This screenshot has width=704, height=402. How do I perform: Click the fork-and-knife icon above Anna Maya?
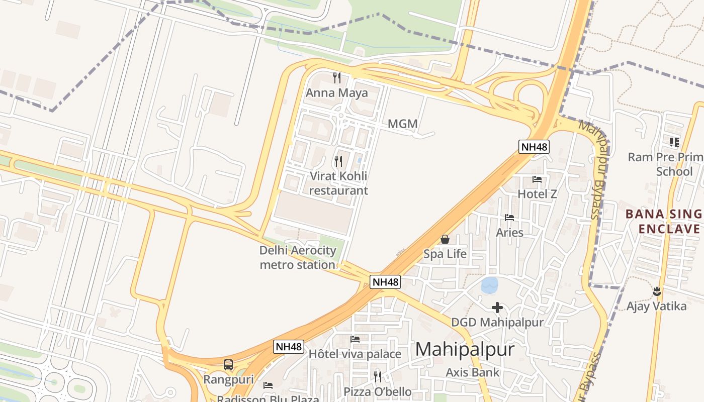click(x=337, y=78)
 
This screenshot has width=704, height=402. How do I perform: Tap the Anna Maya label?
click(x=337, y=93)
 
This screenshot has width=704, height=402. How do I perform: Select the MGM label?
click(x=403, y=124)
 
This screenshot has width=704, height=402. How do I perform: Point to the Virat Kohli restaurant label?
click(x=338, y=183)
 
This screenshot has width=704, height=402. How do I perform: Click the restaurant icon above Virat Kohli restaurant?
click(x=338, y=161)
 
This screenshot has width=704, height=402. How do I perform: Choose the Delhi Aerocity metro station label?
click(x=298, y=257)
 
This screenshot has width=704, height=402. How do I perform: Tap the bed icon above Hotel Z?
click(x=537, y=179)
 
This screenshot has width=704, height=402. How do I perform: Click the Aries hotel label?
click(x=509, y=233)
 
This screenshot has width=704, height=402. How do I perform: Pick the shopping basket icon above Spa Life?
click(x=445, y=239)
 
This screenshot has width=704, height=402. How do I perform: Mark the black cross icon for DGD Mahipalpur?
click(x=497, y=308)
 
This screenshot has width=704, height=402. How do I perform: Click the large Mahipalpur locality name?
click(x=465, y=349)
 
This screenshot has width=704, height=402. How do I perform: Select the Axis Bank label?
click(x=473, y=372)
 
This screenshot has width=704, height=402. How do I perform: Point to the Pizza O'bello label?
click(x=377, y=392)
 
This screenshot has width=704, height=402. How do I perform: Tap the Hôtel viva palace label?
click(x=355, y=354)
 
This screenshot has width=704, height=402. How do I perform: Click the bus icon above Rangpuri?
click(x=228, y=365)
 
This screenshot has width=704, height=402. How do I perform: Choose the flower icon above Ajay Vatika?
click(x=656, y=291)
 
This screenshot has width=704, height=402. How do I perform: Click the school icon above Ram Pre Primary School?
click(x=674, y=142)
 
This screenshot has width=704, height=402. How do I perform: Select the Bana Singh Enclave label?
click(x=664, y=222)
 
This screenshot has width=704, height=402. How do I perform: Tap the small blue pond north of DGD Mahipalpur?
click(x=489, y=285)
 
